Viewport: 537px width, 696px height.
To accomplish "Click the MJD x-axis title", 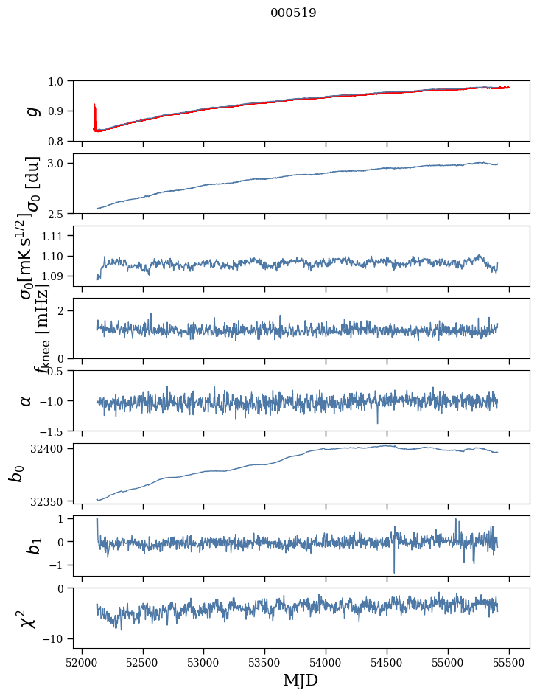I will tap(301, 680).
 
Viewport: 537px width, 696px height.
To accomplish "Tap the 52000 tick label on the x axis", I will tap(82, 661).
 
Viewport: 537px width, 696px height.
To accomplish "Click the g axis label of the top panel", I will tap(32, 111).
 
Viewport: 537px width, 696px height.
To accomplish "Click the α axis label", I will tap(27, 400).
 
